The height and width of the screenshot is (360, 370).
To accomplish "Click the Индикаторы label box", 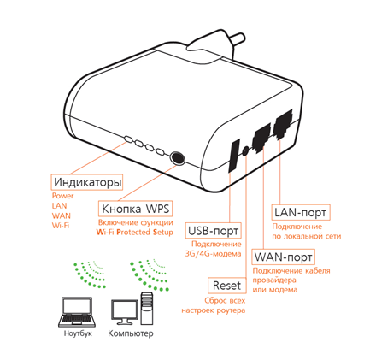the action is pos(87,182).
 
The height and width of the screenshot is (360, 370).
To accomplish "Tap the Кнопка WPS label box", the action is pos(135,209).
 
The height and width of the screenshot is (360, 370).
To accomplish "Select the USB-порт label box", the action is pos(213,230).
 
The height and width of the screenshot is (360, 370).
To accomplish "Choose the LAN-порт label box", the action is pos(301,212).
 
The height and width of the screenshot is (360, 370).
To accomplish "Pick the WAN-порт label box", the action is pos(284,257).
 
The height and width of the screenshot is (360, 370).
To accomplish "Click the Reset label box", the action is pos(227,286).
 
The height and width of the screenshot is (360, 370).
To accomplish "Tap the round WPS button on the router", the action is pos(177,158).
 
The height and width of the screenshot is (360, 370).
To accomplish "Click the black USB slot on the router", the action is pos(233,156).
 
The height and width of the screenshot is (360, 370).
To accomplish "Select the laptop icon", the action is pos(77,312).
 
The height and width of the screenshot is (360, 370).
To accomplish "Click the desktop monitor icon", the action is pos(125,312).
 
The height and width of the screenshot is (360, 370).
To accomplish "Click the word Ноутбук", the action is pos(78,333).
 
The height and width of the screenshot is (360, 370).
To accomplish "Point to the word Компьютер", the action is pos(131,333).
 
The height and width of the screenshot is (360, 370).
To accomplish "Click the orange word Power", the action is pos(62,196).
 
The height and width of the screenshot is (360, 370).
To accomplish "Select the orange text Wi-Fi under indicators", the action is pos(61,226).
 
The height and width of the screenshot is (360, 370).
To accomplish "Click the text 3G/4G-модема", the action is pos(213,254).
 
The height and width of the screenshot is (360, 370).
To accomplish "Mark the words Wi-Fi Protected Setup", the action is pos(134,232).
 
